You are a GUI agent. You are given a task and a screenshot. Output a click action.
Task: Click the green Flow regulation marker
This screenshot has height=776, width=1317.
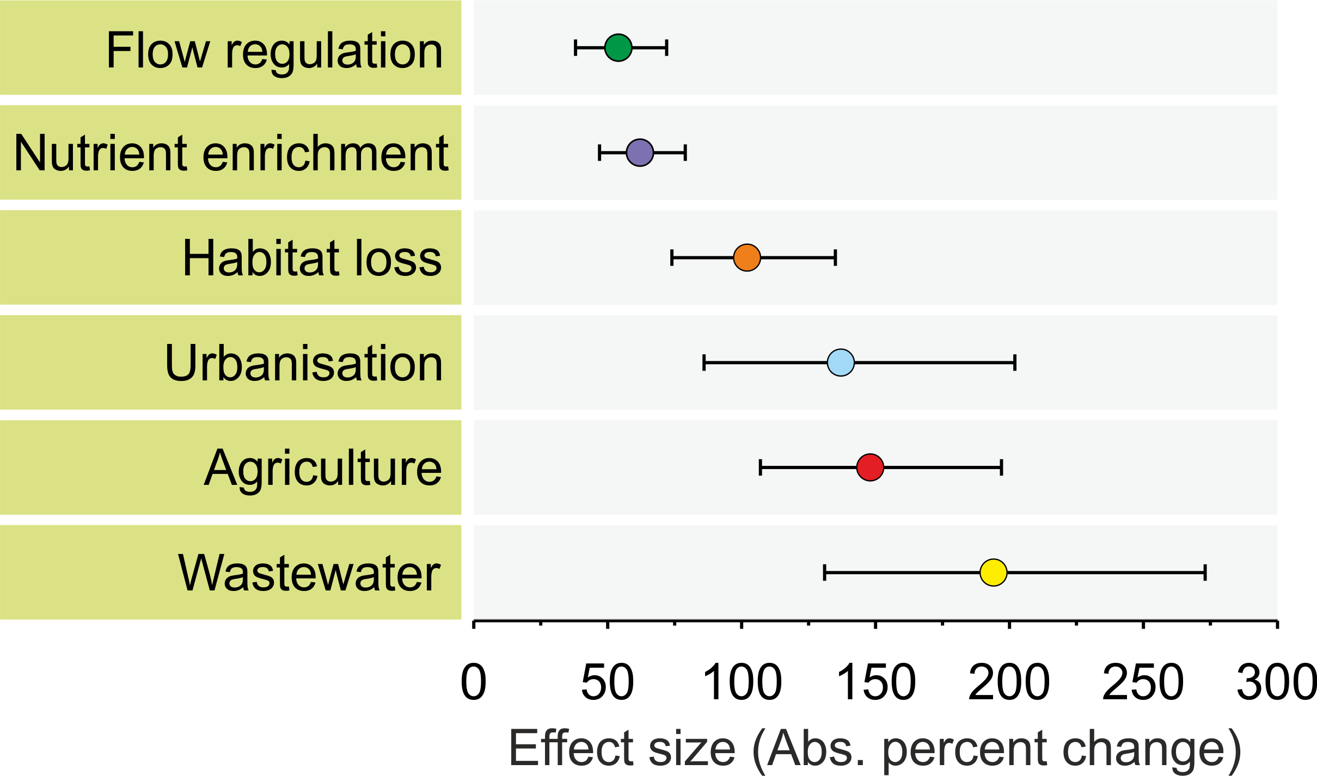(618, 48)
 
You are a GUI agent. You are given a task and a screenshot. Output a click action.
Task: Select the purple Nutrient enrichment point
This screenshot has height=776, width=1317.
(640, 153)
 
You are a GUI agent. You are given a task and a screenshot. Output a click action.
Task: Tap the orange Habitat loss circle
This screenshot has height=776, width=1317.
(746, 258)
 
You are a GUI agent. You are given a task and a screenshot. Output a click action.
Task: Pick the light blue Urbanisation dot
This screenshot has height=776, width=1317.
(841, 362)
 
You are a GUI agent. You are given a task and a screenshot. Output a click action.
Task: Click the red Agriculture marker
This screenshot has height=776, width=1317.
(869, 467)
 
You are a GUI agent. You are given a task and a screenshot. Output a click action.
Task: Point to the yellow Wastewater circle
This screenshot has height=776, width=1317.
(993, 572)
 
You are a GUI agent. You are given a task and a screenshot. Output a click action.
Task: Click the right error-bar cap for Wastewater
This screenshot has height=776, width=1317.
(1205, 572)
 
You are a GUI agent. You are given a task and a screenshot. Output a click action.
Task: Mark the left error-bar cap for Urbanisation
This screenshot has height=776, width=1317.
(704, 362)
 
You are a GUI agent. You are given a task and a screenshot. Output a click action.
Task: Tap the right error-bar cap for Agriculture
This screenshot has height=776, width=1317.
(1001, 467)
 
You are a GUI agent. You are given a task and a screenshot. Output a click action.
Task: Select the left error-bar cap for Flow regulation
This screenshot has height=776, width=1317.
(575, 48)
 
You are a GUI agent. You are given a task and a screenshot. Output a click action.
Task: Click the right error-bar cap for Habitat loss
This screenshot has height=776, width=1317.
(835, 258)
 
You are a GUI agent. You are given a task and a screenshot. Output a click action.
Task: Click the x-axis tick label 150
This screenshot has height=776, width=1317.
(875, 683)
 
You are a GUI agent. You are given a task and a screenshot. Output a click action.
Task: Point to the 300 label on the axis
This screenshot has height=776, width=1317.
(1276, 683)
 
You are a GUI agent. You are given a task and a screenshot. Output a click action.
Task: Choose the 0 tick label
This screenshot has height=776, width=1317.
(473, 683)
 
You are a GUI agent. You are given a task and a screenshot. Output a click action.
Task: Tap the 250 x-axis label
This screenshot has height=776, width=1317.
(1143, 683)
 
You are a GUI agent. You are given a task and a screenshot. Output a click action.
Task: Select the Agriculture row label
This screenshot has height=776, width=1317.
(323, 468)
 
